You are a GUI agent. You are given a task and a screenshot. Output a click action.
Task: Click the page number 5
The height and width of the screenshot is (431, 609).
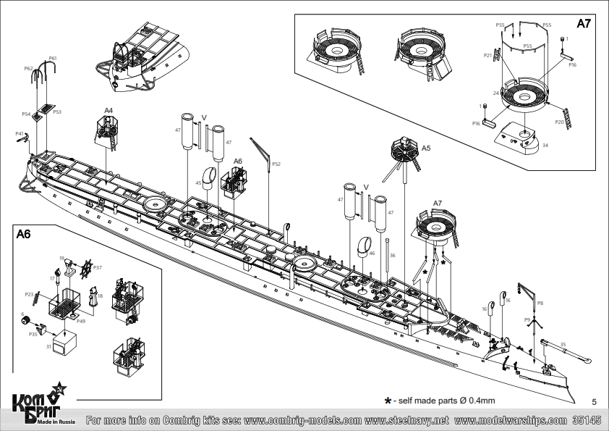(594, 401)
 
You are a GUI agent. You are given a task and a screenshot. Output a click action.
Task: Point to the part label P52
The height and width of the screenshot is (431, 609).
(276, 164)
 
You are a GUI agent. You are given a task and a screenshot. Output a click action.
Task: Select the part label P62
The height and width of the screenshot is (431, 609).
(28, 68)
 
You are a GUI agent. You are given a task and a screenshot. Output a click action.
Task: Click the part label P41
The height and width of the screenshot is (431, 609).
(20, 134)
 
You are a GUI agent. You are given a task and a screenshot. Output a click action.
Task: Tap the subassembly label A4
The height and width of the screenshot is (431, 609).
(108, 111)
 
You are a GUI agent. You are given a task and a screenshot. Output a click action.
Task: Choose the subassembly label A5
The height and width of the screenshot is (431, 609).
(426, 148)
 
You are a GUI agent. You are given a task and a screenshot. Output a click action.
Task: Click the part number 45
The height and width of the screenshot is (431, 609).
(198, 183)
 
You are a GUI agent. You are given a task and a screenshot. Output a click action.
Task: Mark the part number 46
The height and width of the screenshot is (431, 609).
(372, 253)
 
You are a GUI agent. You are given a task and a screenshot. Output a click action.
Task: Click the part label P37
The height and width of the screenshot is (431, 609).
(97, 267)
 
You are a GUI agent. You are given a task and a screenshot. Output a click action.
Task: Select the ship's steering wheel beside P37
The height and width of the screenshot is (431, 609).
(85, 269)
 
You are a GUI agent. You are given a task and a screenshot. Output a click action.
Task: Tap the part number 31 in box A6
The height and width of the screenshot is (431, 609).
(48, 347)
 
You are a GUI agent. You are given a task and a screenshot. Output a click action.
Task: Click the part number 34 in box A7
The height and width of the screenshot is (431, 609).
(545, 145)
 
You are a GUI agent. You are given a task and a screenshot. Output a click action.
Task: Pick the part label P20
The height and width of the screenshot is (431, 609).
(560, 122)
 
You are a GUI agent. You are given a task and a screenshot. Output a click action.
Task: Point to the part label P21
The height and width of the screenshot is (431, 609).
(487, 55)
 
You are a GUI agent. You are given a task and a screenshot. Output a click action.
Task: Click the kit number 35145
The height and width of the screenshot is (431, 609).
(587, 420)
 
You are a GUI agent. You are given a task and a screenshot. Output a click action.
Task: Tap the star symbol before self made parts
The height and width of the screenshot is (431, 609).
(388, 400)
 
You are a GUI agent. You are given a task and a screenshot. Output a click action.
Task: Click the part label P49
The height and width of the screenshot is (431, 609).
(82, 321)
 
